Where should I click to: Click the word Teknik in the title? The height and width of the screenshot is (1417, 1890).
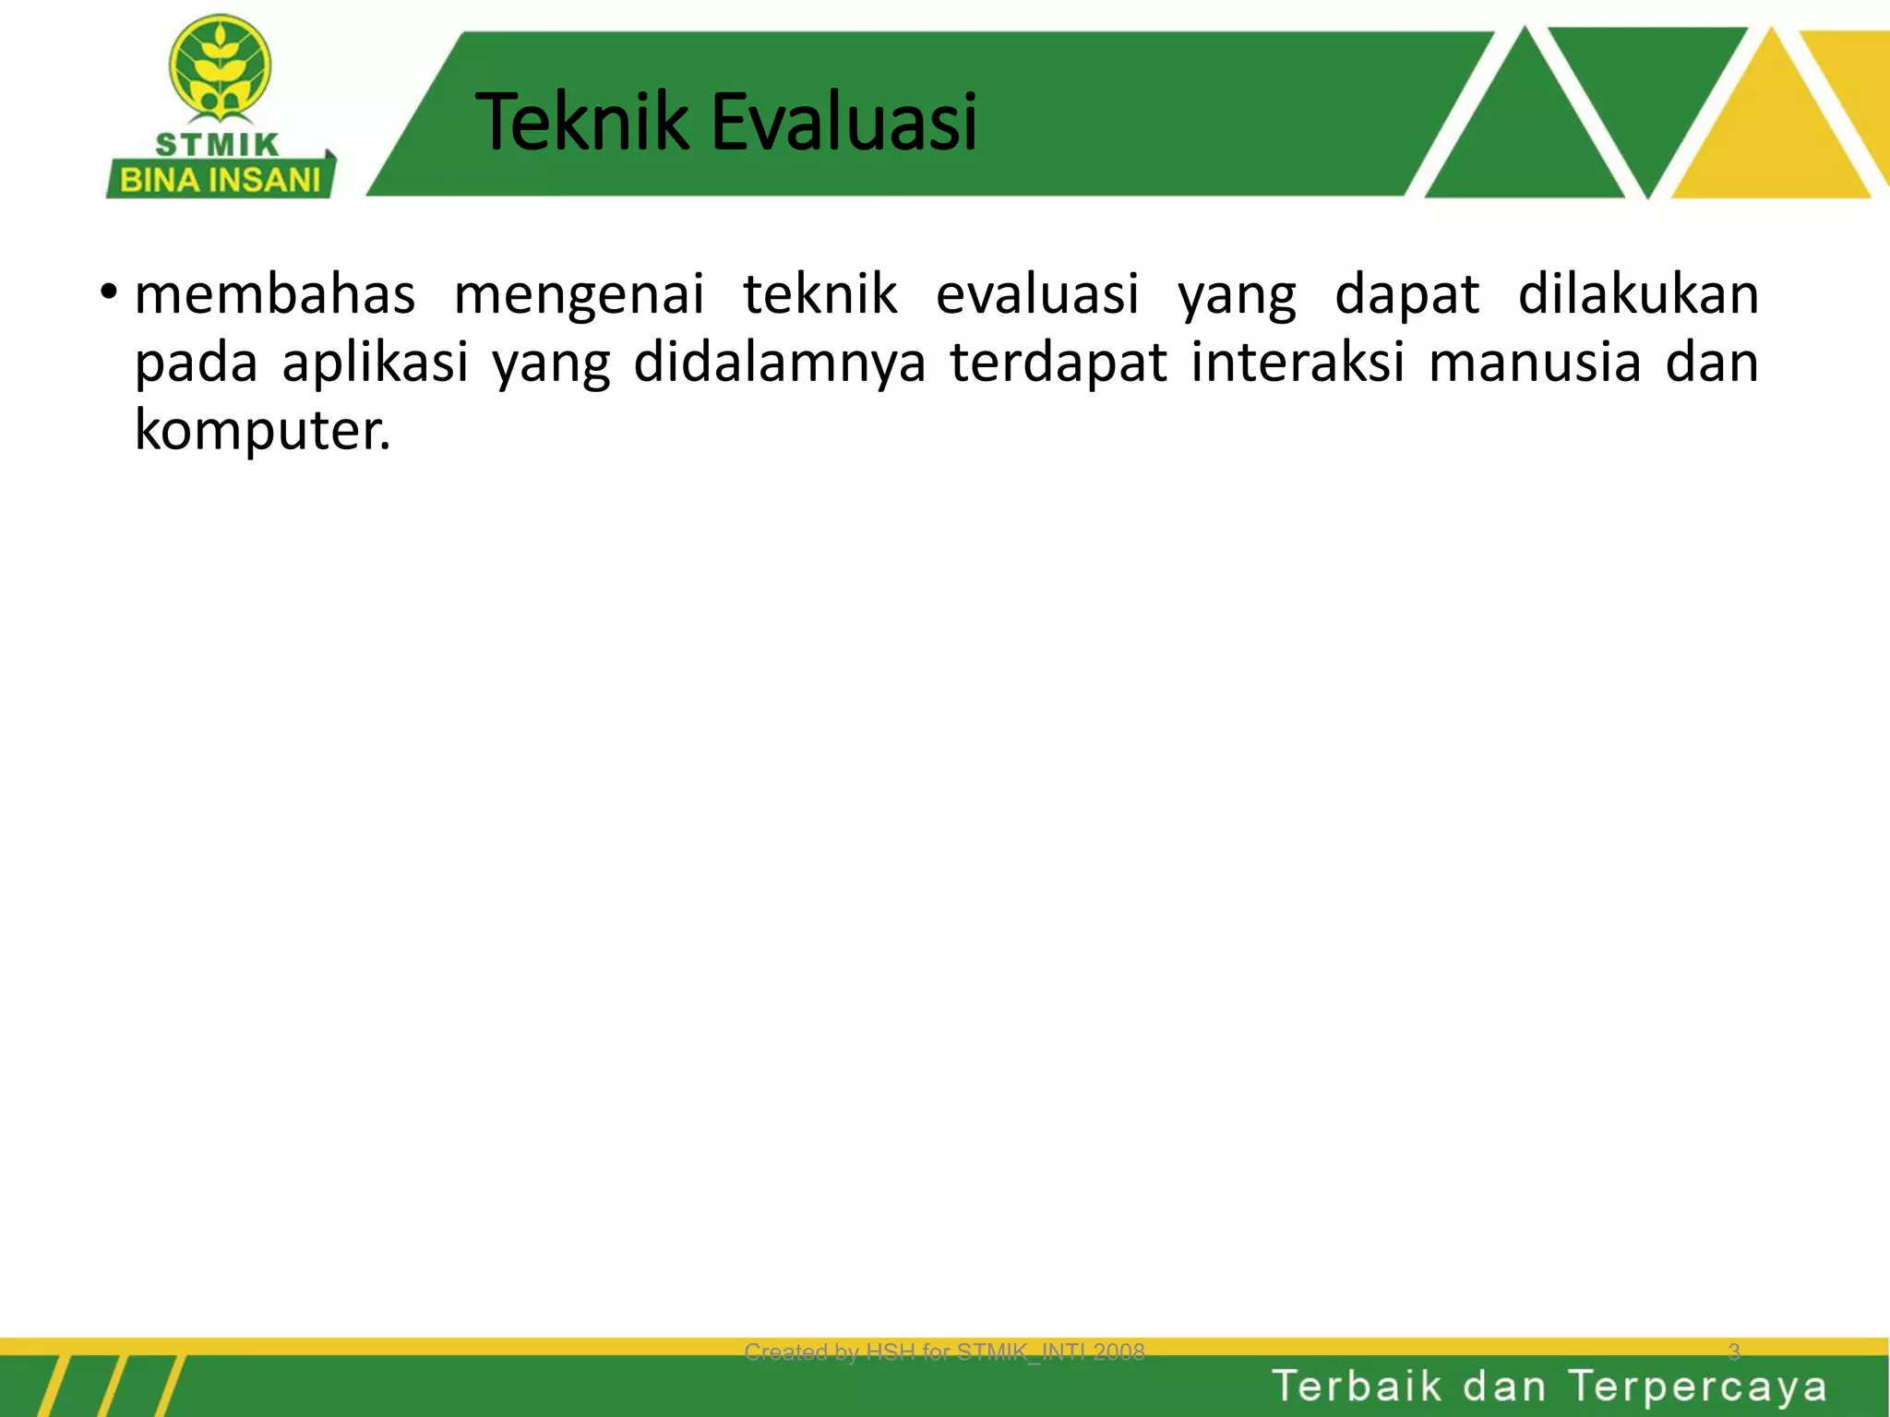click(x=581, y=122)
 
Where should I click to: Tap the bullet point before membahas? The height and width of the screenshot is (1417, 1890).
click(x=109, y=293)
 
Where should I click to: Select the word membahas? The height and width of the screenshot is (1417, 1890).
click(x=275, y=294)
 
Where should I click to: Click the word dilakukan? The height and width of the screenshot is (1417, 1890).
click(x=1638, y=294)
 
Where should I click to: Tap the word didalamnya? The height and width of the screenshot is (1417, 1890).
click(x=779, y=363)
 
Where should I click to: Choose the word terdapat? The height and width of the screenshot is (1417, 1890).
click(x=1059, y=363)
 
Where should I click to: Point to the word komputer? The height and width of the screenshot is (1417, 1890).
click(x=262, y=430)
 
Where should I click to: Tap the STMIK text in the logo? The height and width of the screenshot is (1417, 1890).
click(x=217, y=145)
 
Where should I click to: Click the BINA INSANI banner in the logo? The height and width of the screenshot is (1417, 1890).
click(x=220, y=179)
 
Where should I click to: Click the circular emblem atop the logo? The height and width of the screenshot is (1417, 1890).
click(x=220, y=66)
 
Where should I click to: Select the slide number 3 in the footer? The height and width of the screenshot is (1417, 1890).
click(x=1733, y=1352)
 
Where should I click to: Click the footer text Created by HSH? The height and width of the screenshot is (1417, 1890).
click(x=944, y=1352)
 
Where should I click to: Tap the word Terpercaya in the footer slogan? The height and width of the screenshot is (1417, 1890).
click(x=1697, y=1387)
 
